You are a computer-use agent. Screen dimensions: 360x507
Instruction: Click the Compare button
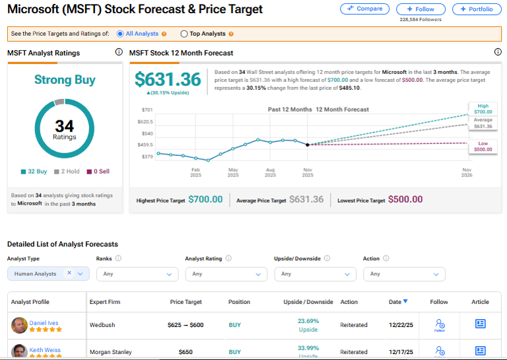pos(364,9)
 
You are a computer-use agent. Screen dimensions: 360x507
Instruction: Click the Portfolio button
pos(477,9)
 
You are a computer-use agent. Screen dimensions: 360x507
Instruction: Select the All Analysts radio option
pos(120,34)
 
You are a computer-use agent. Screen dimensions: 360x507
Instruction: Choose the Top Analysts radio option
pos(184,34)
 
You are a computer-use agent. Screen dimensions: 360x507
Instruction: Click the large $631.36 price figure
pos(168,79)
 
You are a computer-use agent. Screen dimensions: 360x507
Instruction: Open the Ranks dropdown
pos(137,273)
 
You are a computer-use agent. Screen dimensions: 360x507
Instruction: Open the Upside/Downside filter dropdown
pos(315,273)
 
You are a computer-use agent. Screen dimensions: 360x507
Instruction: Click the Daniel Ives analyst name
pos(44,323)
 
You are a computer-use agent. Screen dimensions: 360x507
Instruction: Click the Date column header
pos(397,302)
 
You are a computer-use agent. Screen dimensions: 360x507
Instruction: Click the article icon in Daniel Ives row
pos(480,324)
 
